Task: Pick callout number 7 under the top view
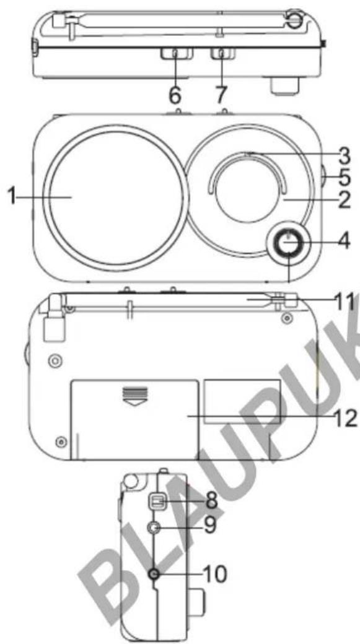coord(221,95)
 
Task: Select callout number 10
coord(214,575)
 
